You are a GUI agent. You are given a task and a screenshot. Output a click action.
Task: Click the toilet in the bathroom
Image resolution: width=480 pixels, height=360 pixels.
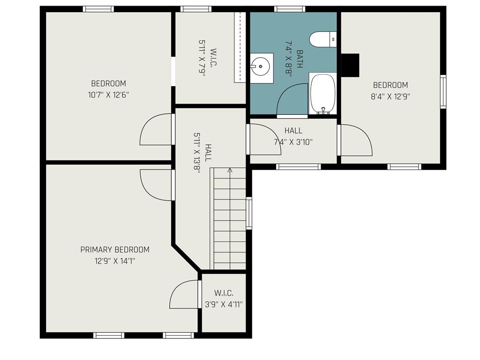click(x=323, y=39)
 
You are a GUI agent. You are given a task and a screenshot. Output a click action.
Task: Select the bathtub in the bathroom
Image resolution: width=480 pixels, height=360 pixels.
click(x=322, y=93)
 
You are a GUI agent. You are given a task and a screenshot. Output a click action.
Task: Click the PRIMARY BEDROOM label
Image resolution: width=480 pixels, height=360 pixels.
click(x=115, y=250)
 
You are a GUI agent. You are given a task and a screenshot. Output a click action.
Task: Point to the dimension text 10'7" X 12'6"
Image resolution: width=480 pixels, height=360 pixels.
click(x=108, y=94)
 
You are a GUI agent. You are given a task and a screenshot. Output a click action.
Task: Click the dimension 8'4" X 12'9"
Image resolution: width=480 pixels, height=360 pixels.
click(x=390, y=96)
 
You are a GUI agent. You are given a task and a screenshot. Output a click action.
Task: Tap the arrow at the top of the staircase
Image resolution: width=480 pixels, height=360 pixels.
click(x=230, y=171)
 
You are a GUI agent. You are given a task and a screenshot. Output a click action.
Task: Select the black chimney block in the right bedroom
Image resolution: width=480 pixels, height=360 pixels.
click(x=350, y=65)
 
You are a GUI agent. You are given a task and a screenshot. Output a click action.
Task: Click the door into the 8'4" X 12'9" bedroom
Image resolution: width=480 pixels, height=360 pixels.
click(x=355, y=140)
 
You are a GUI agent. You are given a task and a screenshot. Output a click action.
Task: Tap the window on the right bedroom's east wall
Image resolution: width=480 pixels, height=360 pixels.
click(x=443, y=92)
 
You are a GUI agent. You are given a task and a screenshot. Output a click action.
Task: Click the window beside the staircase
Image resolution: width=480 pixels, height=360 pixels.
click(x=249, y=213)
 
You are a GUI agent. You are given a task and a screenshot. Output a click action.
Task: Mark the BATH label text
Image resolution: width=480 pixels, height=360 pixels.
click(x=300, y=59)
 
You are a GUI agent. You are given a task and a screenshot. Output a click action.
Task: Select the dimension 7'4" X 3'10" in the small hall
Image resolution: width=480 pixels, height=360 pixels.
click(x=293, y=142)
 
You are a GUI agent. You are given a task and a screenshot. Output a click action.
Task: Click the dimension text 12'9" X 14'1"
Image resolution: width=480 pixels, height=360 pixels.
click(x=115, y=261)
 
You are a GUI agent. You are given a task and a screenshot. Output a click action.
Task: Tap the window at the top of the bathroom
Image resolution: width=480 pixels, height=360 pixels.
click(x=290, y=9)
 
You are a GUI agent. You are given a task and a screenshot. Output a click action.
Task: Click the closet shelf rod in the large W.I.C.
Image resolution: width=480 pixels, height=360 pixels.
click(x=240, y=47)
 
